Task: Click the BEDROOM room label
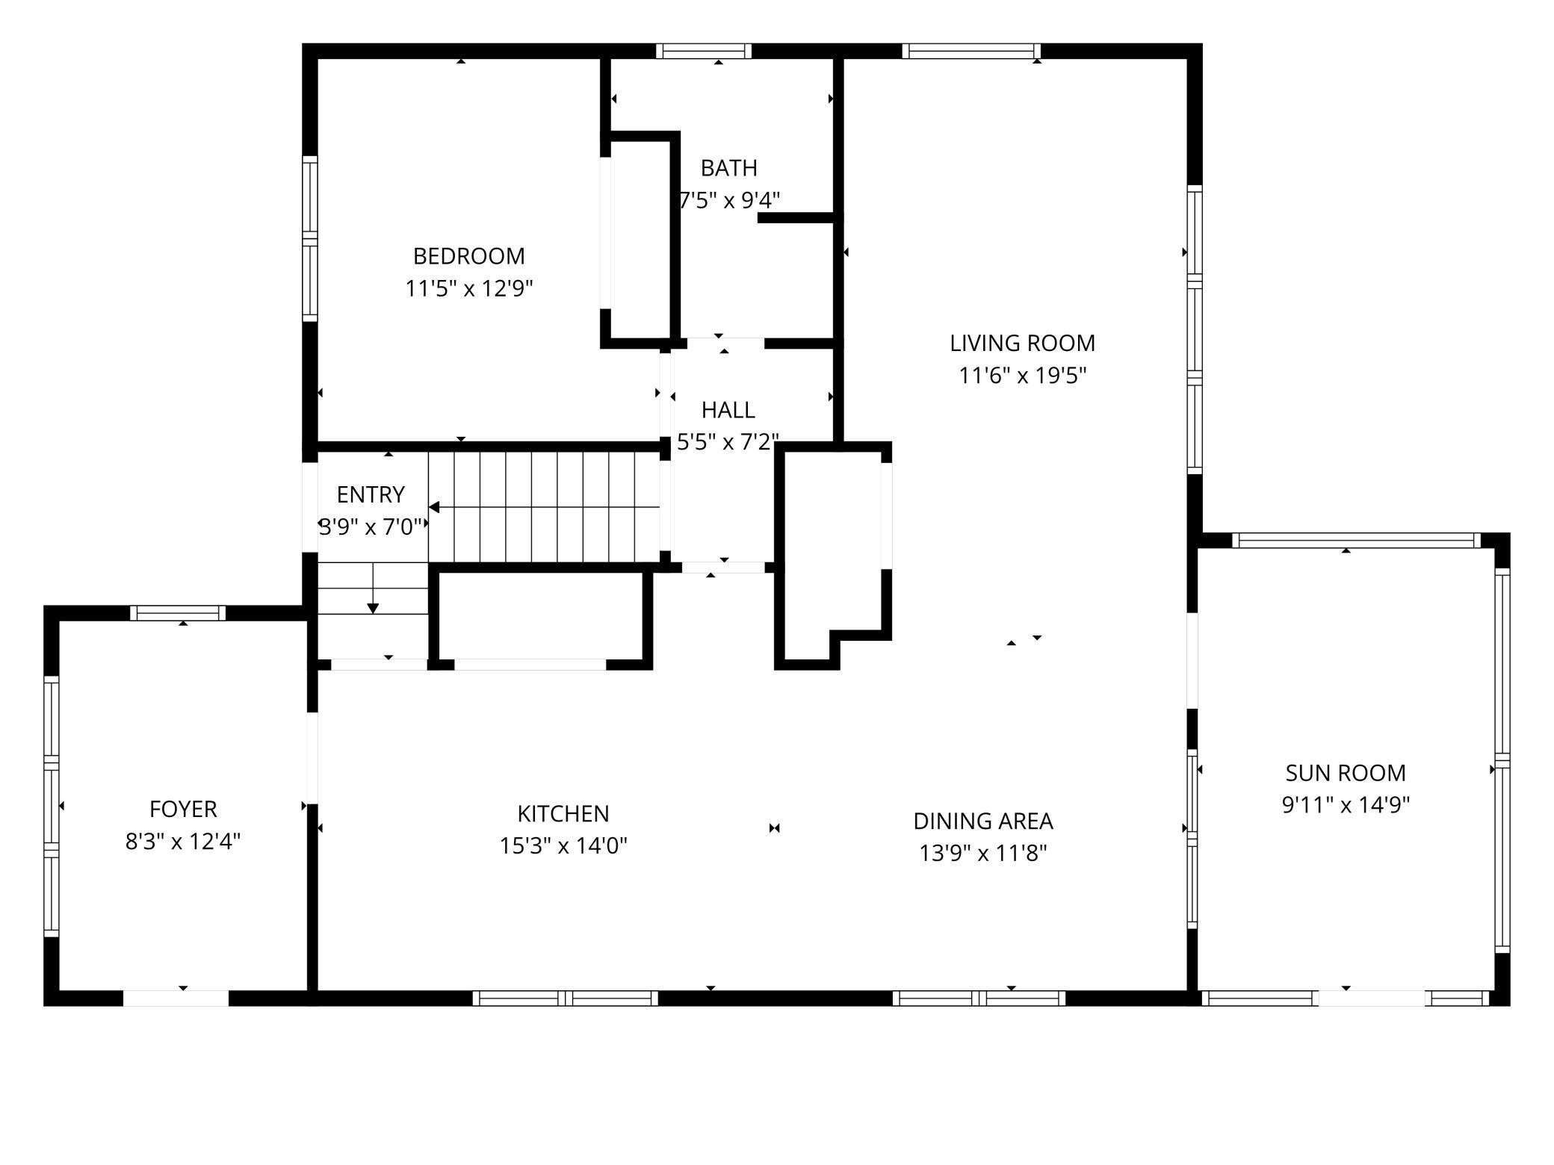(x=468, y=256)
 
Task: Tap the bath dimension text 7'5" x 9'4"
(x=729, y=200)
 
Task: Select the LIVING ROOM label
(x=1022, y=343)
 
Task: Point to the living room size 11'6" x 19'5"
(x=1022, y=375)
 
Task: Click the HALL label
(x=728, y=410)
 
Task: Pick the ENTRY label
(x=371, y=494)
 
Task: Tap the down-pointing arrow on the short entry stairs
(x=373, y=608)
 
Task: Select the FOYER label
(x=183, y=809)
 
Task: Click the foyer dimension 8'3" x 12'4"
(x=183, y=842)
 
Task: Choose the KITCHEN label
(x=563, y=813)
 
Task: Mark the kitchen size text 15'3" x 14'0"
(x=563, y=845)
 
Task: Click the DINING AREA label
(x=982, y=821)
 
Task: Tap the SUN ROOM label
(x=1345, y=772)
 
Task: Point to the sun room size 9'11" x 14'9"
(x=1345, y=805)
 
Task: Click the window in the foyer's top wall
(x=178, y=613)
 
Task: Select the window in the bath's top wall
(x=704, y=51)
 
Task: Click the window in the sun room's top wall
(x=1355, y=540)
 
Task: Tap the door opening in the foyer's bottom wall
(x=176, y=998)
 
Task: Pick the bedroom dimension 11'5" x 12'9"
(x=468, y=288)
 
